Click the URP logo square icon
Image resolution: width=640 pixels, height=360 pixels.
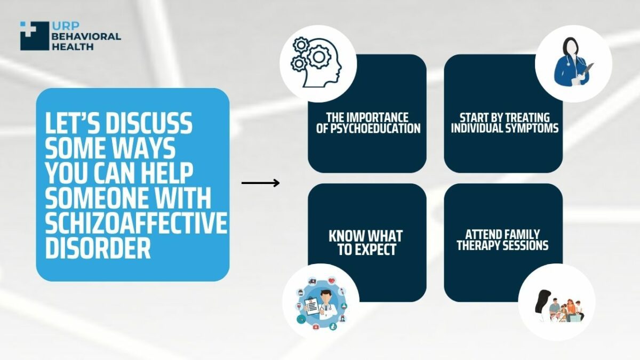pyautogui.click(x=35, y=36)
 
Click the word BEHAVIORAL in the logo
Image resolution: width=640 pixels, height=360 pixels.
pyautogui.click(x=86, y=36)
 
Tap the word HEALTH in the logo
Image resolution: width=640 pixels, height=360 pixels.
pyautogui.click(x=73, y=46)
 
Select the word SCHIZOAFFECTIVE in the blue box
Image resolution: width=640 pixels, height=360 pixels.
pyautogui.click(x=136, y=223)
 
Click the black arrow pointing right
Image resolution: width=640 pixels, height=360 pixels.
pyautogui.click(x=260, y=183)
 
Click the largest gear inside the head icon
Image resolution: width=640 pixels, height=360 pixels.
pyautogui.click(x=318, y=57)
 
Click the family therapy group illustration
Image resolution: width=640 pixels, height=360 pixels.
pyautogui.click(x=559, y=306)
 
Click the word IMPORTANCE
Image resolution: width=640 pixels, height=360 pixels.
pyautogui.click(x=379, y=118)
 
